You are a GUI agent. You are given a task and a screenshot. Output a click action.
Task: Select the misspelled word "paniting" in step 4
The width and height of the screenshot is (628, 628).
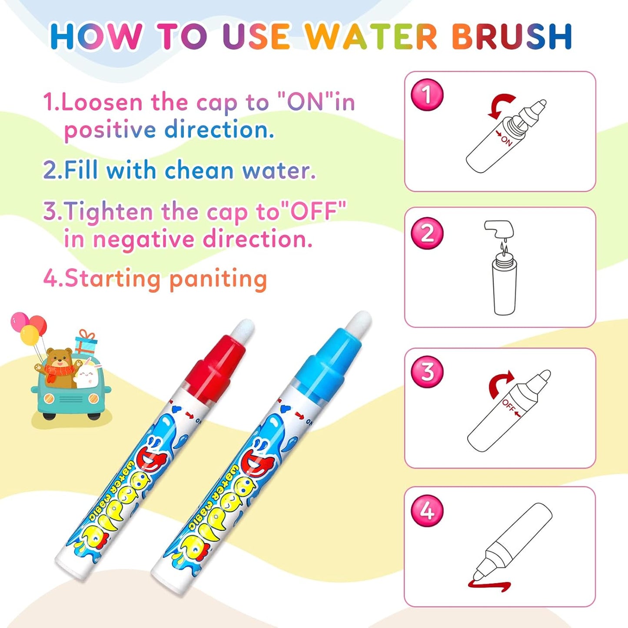pos(218,279)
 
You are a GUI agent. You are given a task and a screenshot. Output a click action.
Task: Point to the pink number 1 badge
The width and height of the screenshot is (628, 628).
pos(427,94)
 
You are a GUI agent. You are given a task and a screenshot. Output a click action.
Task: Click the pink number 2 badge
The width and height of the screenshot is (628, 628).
pos(427,233)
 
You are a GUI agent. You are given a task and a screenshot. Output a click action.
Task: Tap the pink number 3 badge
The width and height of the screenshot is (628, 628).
pos(427,372)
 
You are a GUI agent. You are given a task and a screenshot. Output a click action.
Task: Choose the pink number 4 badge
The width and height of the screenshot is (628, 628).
pos(427,511)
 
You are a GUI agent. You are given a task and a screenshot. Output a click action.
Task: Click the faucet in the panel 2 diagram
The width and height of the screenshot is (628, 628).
pos(499,228)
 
